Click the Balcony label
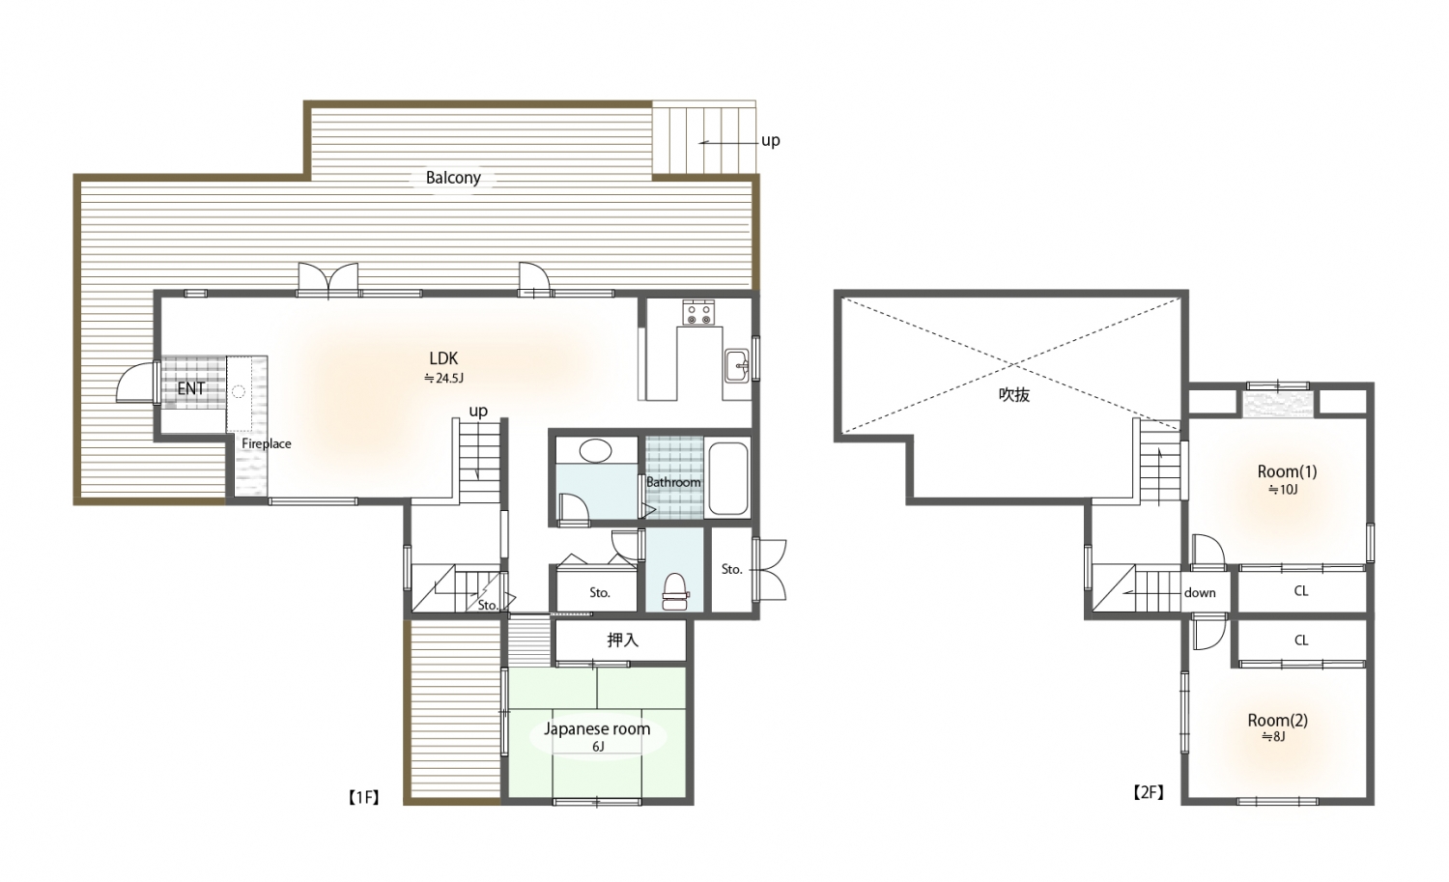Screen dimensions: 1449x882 coord(453,178)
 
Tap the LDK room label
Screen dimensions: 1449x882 coord(443,358)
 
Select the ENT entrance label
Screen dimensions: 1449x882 coord(191,388)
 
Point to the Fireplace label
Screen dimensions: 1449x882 coord(267,444)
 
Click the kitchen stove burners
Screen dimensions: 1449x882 coord(699,313)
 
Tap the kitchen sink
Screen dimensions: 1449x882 coord(737,366)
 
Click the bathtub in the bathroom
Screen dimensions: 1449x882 coord(728,478)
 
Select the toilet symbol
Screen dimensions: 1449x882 coord(675,591)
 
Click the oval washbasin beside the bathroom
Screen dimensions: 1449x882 coord(596,450)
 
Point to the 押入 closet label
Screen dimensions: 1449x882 coord(622,640)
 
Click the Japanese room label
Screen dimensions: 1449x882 coord(596,729)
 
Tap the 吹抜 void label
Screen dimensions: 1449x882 coord(1014,395)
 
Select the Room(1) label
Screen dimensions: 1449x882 coord(1287,471)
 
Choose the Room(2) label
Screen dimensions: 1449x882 coord(1278,721)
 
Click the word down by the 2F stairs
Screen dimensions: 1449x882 coord(1200,593)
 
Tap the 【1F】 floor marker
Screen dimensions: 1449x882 coord(363,797)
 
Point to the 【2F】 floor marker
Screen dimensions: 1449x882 coord(1149,793)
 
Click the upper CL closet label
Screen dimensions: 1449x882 coord(1301,591)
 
